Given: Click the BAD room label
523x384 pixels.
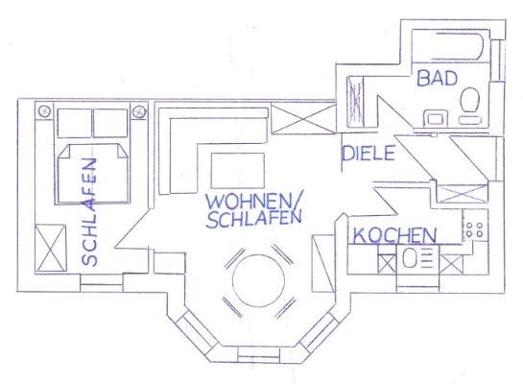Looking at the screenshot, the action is (x=437, y=78).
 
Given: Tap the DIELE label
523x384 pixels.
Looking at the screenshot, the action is (x=368, y=154).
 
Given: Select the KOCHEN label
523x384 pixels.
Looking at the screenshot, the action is (x=394, y=235).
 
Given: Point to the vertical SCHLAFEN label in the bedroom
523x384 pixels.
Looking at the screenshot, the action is (x=89, y=211).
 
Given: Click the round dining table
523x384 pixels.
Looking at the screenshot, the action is (x=258, y=280).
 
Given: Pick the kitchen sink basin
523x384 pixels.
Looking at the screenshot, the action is (x=409, y=258).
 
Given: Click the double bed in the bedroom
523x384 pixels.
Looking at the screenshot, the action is (x=92, y=174).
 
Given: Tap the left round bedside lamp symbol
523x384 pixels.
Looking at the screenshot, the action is (x=44, y=111).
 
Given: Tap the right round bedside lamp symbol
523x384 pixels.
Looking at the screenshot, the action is (x=139, y=111).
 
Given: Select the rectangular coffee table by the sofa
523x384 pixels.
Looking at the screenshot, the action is (x=238, y=171).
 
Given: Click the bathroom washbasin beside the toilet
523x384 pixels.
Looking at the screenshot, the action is (x=436, y=118).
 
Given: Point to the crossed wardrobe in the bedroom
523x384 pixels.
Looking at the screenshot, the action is (x=51, y=249).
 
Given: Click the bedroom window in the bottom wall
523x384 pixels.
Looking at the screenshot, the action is (x=102, y=283).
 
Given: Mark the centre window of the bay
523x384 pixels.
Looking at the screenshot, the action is (x=258, y=354).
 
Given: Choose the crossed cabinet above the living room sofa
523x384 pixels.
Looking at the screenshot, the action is (x=303, y=118).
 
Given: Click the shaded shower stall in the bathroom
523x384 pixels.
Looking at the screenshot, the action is (x=356, y=102).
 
